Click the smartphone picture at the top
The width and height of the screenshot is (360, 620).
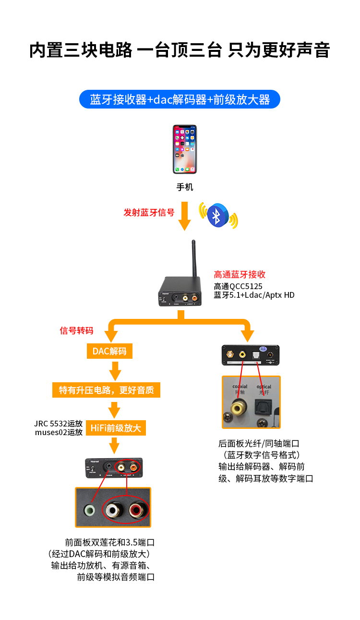coord(185,149)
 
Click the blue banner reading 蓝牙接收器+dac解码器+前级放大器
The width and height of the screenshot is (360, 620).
coord(180,99)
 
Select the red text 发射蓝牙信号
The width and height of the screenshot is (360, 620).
coord(149,212)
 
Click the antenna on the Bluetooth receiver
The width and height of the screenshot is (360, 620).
coord(193,259)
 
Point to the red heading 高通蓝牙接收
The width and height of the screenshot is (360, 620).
coord(240,275)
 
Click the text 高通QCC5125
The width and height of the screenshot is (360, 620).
coord(238,286)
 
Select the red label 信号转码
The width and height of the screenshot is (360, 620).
coord(76,330)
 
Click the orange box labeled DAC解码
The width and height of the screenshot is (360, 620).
coord(109,351)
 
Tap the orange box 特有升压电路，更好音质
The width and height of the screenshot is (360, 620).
coord(106,390)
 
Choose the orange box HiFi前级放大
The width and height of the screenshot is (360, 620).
coord(116,428)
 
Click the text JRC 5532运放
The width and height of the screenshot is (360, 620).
coord(59,424)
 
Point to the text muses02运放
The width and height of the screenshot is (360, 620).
coord(59,432)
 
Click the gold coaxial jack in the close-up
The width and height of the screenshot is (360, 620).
coord(236,410)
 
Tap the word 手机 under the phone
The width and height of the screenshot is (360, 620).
coord(185,187)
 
